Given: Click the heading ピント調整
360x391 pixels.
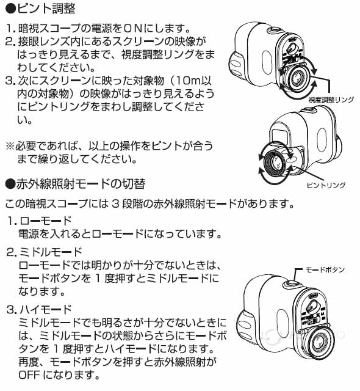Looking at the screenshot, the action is pyautogui.click(x=46, y=9).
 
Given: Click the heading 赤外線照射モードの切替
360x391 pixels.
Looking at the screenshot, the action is pyautogui.click(x=81, y=184).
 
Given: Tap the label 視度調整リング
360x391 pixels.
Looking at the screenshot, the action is pyautogui.click(x=331, y=100).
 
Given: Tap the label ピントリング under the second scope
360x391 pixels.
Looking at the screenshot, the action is pyautogui.click(x=326, y=185).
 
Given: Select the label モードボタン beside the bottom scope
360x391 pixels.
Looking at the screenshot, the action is pyautogui.click(x=325, y=269).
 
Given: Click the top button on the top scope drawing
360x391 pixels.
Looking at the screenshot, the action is pyautogui.click(x=275, y=30).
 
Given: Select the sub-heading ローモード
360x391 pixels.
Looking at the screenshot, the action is pyautogui.click(x=46, y=221).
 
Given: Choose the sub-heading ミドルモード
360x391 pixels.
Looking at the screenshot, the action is pyautogui.click(x=51, y=252).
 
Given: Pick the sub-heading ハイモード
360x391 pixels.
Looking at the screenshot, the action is pyautogui.click(x=46, y=310).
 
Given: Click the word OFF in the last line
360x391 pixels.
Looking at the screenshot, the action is pyautogui.click(x=29, y=375).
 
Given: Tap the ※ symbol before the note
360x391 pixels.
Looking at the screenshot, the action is pyautogui.click(x=10, y=146).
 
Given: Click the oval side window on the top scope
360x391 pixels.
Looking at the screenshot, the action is pyautogui.click(x=267, y=62).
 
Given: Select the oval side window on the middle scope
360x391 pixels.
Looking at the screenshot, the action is pyautogui.click(x=322, y=139).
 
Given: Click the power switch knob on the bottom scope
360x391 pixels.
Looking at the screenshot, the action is pyautogui.click(x=313, y=305).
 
